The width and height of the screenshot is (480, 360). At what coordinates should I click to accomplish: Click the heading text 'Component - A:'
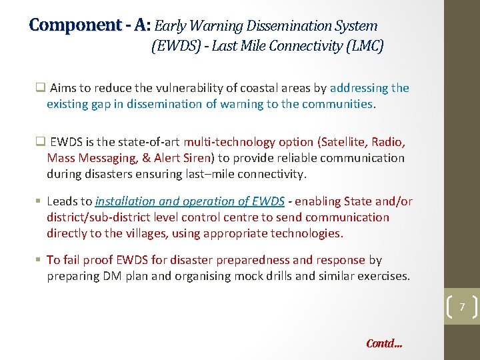click(x=90, y=26)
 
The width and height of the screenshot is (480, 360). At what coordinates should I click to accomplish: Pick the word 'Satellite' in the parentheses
click(x=346, y=142)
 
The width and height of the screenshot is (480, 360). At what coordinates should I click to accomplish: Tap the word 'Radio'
click(x=389, y=142)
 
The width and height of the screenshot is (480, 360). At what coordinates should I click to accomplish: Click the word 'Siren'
click(x=193, y=158)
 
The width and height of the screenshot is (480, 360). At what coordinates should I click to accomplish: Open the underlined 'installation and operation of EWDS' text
click(x=190, y=201)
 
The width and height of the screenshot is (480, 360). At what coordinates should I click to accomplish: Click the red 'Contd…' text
click(x=384, y=344)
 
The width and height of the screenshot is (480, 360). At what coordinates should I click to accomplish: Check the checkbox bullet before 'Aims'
click(x=40, y=88)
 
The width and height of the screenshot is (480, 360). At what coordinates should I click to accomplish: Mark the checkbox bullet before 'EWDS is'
click(x=40, y=142)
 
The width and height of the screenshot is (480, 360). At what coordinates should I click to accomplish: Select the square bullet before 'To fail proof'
click(x=40, y=260)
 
